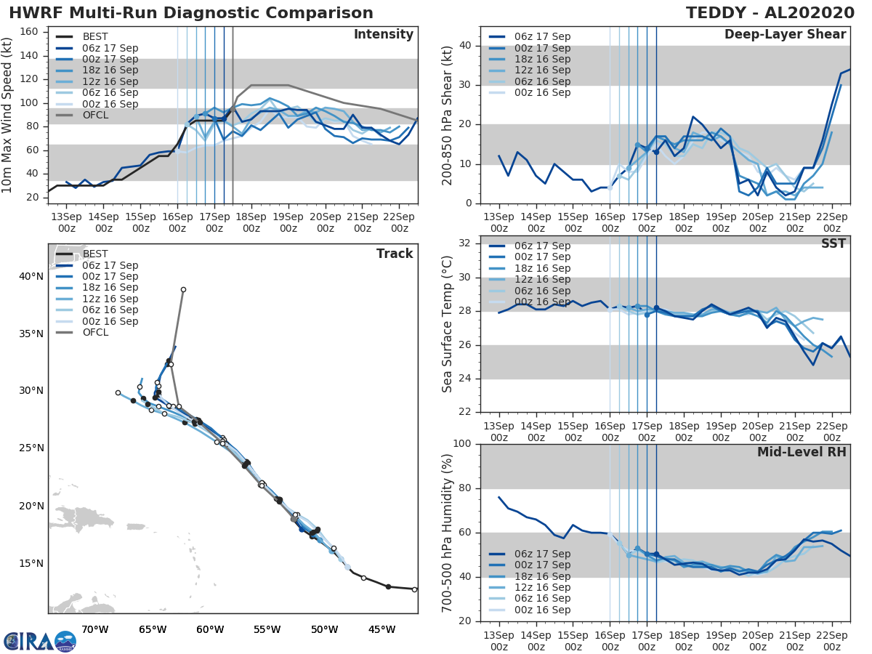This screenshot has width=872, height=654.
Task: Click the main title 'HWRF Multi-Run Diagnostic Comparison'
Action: [191, 13]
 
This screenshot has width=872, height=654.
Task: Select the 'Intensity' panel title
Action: [383, 35]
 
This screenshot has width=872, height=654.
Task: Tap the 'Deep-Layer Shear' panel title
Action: [785, 35]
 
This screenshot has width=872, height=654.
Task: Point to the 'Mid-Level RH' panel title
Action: [802, 452]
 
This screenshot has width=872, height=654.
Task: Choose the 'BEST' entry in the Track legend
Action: [96, 254]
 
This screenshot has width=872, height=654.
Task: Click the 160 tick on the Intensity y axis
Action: [31, 32]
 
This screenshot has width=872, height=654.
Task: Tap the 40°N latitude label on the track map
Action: [31, 276]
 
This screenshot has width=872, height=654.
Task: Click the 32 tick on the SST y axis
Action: [467, 243]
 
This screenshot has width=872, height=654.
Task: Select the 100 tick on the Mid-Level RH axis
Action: [463, 444]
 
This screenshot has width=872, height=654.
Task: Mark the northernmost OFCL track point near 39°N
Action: [183, 289]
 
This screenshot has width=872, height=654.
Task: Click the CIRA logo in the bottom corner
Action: [39, 641]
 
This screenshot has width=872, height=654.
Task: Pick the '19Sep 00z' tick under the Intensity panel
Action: [288, 222]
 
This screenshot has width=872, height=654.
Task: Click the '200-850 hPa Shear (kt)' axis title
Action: [448, 115]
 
